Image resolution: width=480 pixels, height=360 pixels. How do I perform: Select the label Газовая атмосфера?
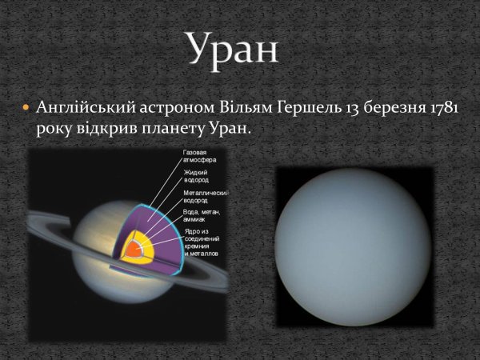[x=200, y=155]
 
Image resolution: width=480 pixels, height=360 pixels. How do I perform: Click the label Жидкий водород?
[x=197, y=175]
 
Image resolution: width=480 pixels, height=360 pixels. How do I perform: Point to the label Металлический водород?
[x=206, y=197]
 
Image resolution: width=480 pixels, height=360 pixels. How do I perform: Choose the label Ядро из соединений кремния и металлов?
[x=204, y=244]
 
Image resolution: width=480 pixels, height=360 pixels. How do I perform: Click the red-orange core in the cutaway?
[x=131, y=250]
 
